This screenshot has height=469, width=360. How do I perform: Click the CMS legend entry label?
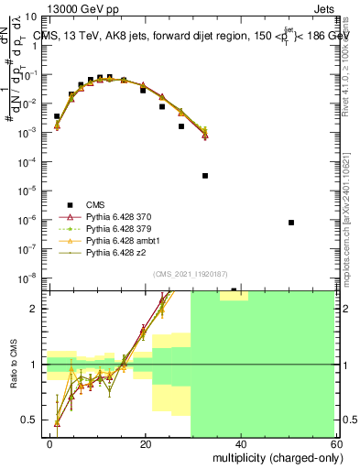(x=95, y=205)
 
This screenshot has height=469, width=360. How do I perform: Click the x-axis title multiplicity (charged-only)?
(x=272, y=456)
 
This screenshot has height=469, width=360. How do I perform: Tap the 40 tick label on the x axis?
(x=240, y=443)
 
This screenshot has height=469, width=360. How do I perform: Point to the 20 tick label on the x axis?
(x=145, y=443)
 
